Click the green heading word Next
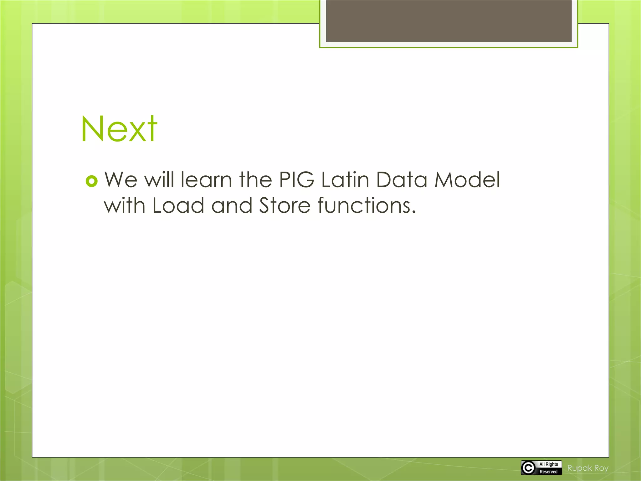pyautogui.click(x=119, y=129)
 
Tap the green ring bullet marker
pyautogui.click(x=92, y=181)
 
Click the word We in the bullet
pyautogui.click(x=121, y=180)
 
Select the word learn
pyautogui.click(x=206, y=180)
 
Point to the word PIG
pyautogui.click(x=296, y=180)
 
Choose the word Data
pyautogui.click(x=402, y=180)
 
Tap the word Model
pyautogui.click(x=467, y=180)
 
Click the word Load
pyautogui.click(x=178, y=206)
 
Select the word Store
pyautogui.click(x=285, y=206)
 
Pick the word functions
pyautogui.click(x=367, y=206)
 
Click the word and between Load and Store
pyautogui.click(x=232, y=206)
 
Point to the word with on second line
pyautogui.click(x=124, y=206)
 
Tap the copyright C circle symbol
pyautogui.click(x=528, y=468)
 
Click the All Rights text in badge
pyautogui.click(x=549, y=464)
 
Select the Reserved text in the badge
pyautogui.click(x=548, y=472)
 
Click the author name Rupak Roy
pyautogui.click(x=588, y=468)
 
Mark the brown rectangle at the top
pyautogui.click(x=449, y=21)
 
